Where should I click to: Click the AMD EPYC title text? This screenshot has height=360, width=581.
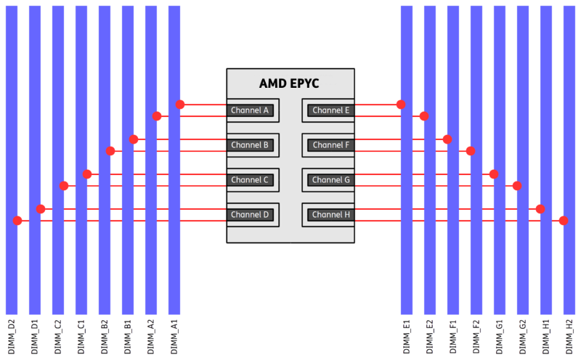tap(289, 83)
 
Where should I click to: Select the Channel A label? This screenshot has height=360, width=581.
tap(250, 110)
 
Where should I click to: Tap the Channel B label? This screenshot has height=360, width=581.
tap(250, 145)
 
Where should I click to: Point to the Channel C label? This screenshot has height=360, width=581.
tap(250, 180)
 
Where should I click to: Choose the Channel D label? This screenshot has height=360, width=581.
tap(250, 215)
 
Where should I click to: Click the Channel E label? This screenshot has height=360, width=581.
tap(331, 110)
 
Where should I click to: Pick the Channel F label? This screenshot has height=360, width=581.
tap(331, 145)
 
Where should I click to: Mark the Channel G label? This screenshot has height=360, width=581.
tap(331, 180)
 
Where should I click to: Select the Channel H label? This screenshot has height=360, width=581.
tap(331, 215)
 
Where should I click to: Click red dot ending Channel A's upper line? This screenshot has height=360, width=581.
tap(180, 105)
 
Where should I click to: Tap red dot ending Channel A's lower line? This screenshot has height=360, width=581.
tap(157, 116)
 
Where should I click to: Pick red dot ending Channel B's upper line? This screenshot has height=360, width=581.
tap(134, 139)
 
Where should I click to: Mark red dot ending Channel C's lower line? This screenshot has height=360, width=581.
tap(64, 186)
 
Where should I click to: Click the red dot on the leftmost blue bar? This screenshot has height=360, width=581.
tap(17, 221)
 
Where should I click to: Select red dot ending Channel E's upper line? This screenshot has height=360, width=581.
tap(401, 105)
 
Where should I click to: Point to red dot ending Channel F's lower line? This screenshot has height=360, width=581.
tap(471, 151)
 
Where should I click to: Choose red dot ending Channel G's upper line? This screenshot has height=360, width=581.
tap(494, 174)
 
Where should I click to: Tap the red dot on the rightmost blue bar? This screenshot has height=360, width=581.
tap(564, 221)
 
